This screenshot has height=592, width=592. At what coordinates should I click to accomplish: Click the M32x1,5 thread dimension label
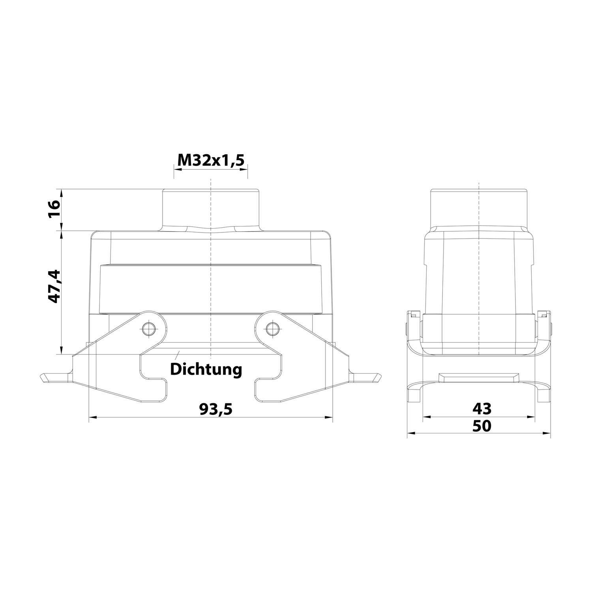coord(211,160)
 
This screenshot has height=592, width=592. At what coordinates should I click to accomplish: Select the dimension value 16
coord(54,210)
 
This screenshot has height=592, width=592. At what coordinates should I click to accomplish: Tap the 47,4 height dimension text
coord(54,286)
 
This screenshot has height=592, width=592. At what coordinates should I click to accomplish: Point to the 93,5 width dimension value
coord(215,409)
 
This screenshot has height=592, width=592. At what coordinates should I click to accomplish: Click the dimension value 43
coord(482,408)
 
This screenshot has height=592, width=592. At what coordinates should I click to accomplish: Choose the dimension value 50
coord(482,426)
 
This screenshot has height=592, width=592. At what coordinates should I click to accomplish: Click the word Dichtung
coord(206,369)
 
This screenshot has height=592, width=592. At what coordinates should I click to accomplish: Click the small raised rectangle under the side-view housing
coord(479,377)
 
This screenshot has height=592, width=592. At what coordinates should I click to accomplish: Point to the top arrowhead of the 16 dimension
coord(61,193)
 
